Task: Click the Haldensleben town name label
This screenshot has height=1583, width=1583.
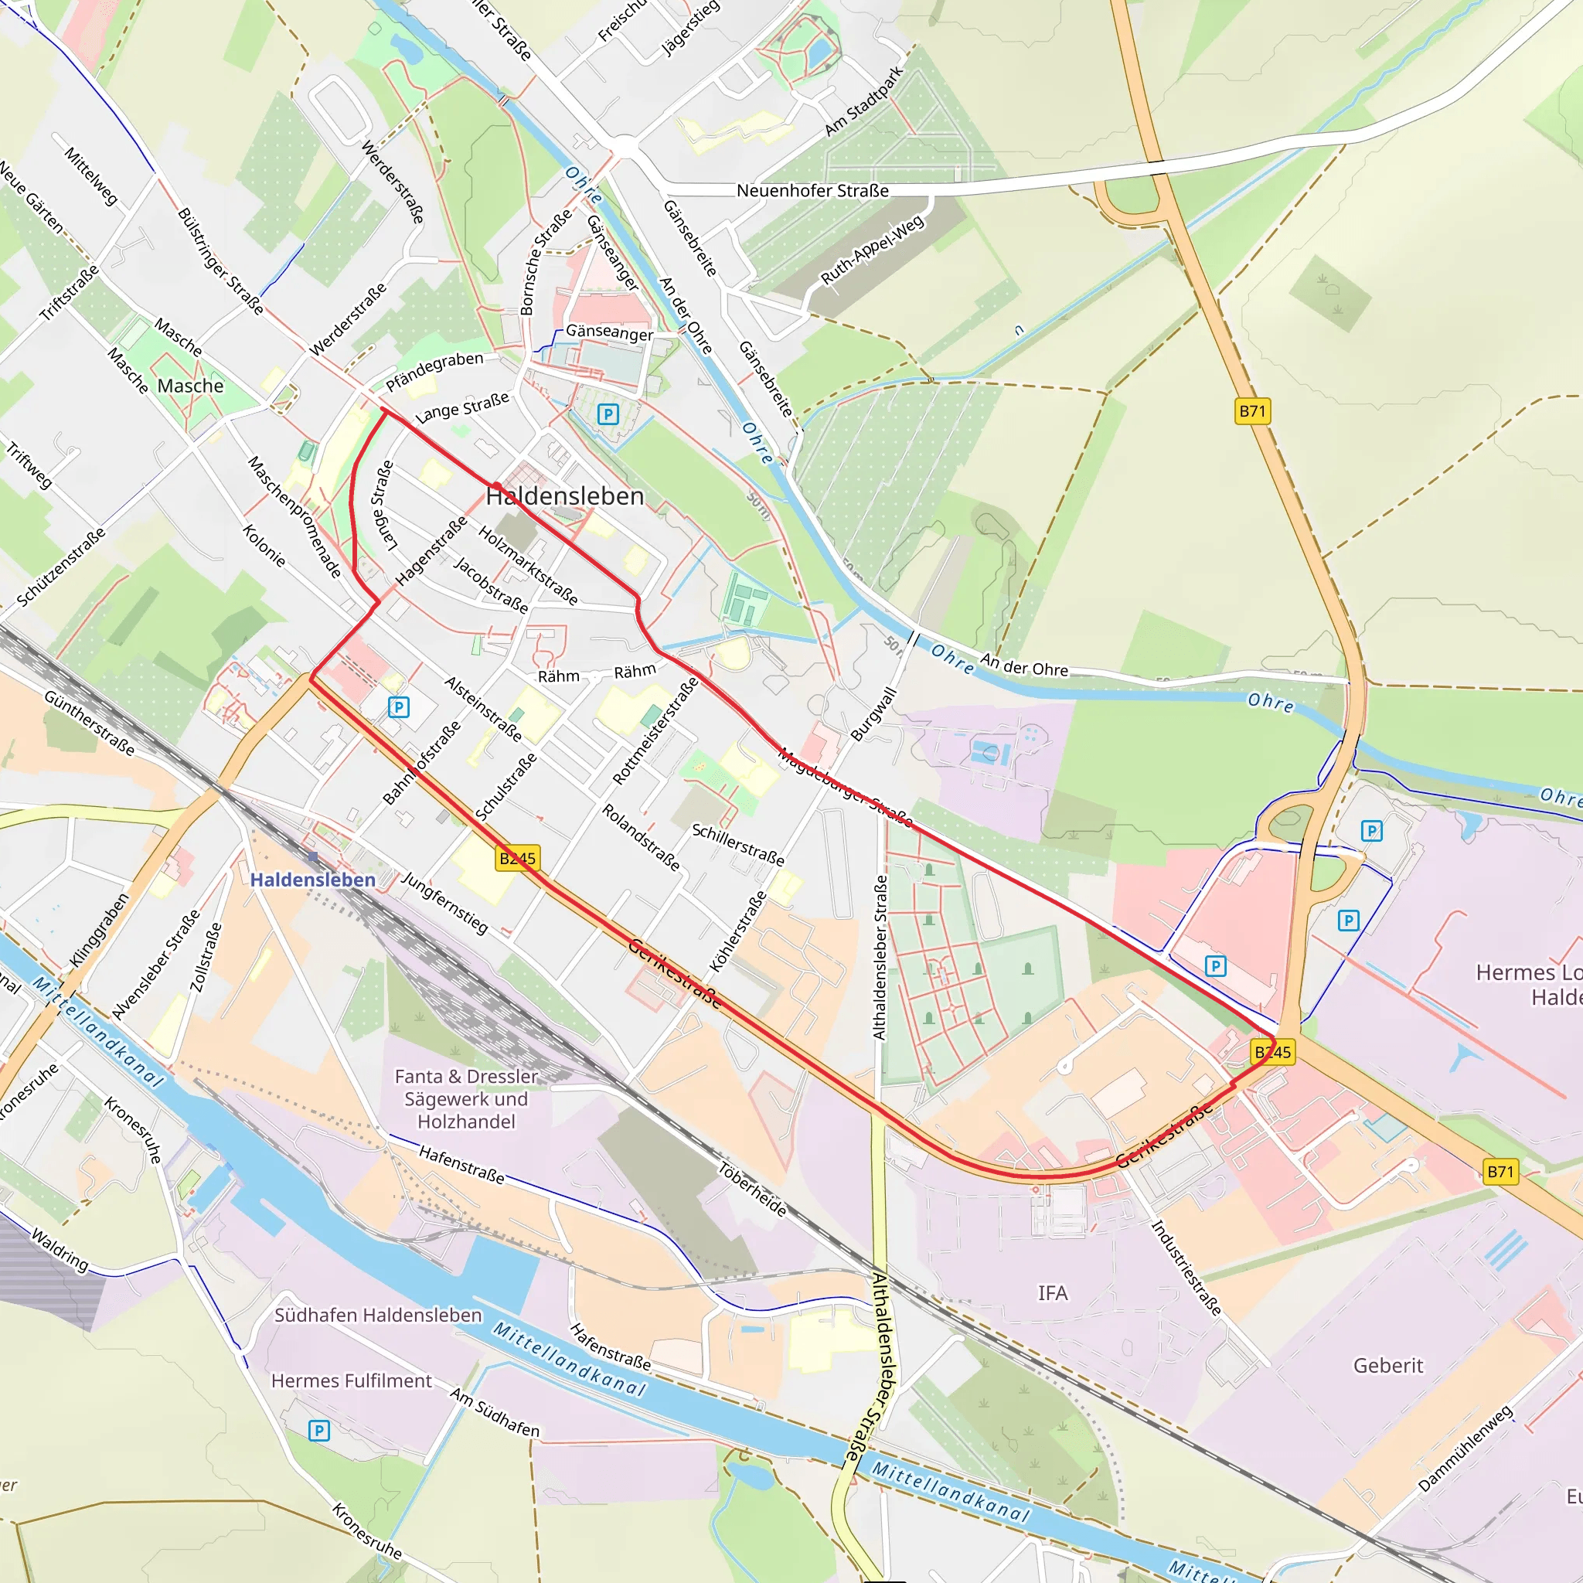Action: click(x=565, y=495)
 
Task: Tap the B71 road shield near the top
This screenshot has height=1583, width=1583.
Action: click(x=1252, y=411)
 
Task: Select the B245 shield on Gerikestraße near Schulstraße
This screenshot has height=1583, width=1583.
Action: click(x=518, y=859)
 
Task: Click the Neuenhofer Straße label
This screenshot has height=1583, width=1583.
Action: click(x=812, y=191)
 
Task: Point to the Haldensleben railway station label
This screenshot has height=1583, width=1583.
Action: click(x=312, y=880)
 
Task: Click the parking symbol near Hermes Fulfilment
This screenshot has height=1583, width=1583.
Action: click(x=318, y=1431)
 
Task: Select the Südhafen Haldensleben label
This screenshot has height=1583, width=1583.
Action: click(x=378, y=1315)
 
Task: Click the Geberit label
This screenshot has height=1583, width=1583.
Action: click(x=1388, y=1365)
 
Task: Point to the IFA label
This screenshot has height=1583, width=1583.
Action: click(x=1053, y=1293)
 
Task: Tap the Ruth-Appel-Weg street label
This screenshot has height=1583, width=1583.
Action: click(x=873, y=250)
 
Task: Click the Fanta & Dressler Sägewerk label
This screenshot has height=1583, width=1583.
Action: click(x=466, y=1099)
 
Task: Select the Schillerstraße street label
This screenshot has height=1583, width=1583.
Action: click(x=738, y=845)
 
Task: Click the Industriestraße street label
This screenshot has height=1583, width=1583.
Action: click(x=1186, y=1268)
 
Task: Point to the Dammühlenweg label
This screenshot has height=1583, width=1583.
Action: click(x=1465, y=1449)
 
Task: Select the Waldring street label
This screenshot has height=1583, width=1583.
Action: click(x=60, y=1249)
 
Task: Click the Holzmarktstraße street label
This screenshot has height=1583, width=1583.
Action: click(x=529, y=565)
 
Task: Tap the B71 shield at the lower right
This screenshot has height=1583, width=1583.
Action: click(x=1500, y=1172)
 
